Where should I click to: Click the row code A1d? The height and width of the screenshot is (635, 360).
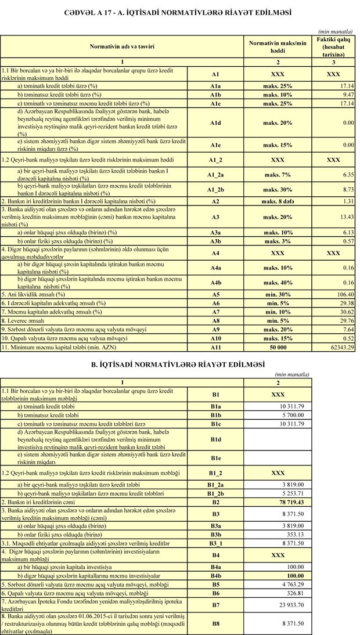click(x=215, y=123)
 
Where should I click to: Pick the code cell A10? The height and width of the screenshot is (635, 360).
click(x=215, y=338)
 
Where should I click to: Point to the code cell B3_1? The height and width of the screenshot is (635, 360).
click(x=215, y=544)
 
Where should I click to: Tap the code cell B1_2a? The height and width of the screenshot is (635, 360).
click(x=215, y=484)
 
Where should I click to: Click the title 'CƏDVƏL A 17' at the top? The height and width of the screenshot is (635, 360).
click(x=181, y=12)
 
